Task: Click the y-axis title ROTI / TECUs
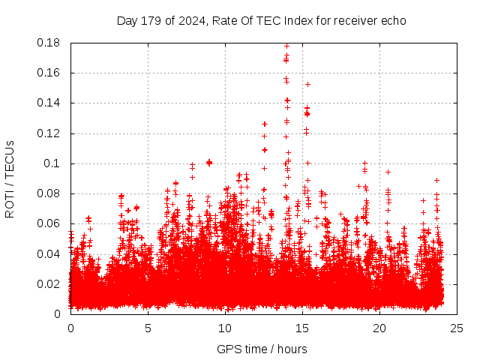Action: point(10,178)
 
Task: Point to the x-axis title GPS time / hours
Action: point(262,349)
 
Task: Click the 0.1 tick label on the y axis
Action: point(52,163)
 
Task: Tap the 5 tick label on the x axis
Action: point(148,328)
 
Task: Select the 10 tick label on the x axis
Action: point(225,328)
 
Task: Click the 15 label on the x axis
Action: point(302,328)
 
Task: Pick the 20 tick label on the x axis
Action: point(379,328)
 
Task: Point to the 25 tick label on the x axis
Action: point(457,328)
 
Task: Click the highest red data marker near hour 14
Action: point(286,46)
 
